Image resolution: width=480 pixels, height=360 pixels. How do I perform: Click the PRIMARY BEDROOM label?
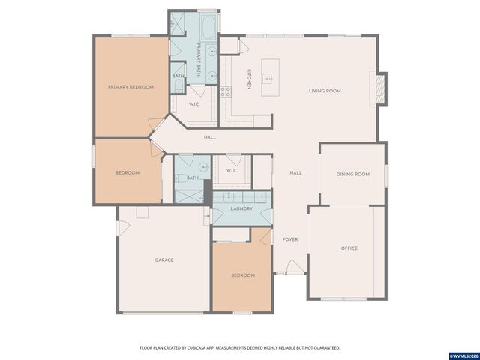[130, 87]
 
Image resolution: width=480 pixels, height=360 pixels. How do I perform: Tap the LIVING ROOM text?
[325, 91]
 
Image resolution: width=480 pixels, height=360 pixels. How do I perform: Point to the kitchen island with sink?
[268, 79]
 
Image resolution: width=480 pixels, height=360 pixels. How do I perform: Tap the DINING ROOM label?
[352, 174]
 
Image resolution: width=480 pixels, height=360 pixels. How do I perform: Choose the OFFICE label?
[349, 247]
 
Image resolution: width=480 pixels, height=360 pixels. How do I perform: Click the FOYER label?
[290, 239]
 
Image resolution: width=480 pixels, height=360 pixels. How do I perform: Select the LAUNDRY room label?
[241, 208]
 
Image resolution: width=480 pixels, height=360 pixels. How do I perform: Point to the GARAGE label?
[164, 259]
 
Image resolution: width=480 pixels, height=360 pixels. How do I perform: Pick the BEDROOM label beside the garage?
[242, 275]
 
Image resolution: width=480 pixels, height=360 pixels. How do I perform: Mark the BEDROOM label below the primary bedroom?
[127, 173]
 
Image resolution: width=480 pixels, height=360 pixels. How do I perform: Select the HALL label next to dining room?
[295, 173]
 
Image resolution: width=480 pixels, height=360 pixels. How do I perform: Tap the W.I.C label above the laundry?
[232, 171]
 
